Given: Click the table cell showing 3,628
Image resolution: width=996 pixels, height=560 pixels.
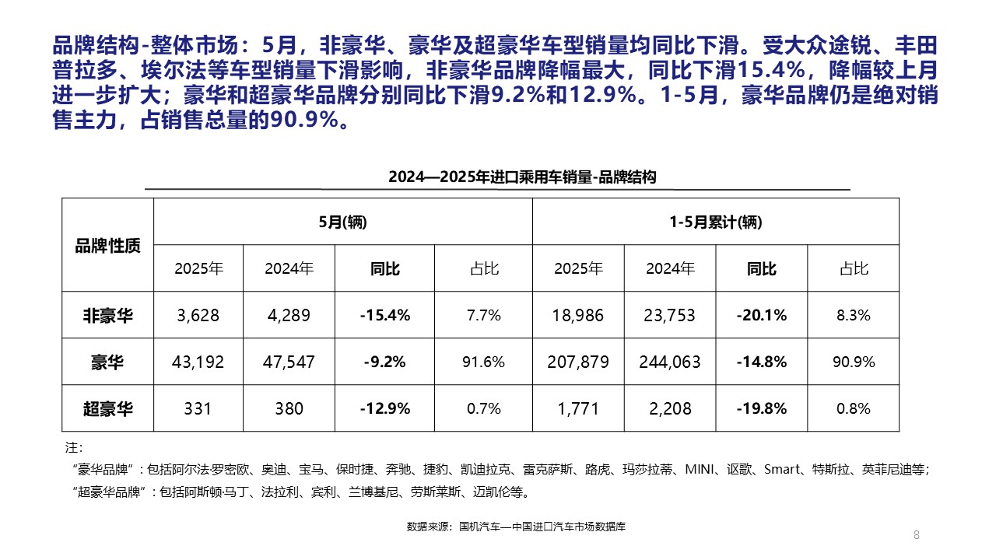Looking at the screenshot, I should [198, 315].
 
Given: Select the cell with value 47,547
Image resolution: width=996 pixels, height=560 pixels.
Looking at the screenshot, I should [289, 362].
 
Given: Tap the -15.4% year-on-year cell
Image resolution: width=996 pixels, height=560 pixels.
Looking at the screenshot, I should [384, 315].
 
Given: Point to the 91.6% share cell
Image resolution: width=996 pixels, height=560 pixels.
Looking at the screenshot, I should [483, 362].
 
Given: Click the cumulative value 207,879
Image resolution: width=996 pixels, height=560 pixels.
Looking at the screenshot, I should [578, 362].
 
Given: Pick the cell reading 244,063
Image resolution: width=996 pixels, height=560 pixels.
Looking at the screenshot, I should [669, 362].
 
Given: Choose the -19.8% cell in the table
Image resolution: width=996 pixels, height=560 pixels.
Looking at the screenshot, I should [761, 408].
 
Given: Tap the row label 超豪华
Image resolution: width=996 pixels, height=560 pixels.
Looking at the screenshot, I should [107, 408].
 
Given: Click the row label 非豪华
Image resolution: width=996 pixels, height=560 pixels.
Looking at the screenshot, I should [107, 315].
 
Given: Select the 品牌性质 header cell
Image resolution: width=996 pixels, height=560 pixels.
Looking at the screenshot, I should [107, 246].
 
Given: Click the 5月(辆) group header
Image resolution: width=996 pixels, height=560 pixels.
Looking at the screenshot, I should [342, 222].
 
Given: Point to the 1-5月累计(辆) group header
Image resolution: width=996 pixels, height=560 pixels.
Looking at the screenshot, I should [716, 222].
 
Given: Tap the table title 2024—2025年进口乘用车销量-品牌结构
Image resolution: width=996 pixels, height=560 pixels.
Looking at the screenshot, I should [522, 177].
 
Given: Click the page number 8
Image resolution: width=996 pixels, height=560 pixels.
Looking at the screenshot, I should [916, 534].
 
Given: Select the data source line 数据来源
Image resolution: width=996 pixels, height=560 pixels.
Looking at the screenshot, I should [516, 527].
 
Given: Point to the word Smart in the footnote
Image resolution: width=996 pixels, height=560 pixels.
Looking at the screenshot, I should [781, 469].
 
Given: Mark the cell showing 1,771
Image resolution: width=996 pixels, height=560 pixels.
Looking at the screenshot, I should [578, 408].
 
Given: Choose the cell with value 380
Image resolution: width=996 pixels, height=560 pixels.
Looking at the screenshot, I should [289, 408].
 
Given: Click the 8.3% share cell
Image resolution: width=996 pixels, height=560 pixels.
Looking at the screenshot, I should [854, 315].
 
